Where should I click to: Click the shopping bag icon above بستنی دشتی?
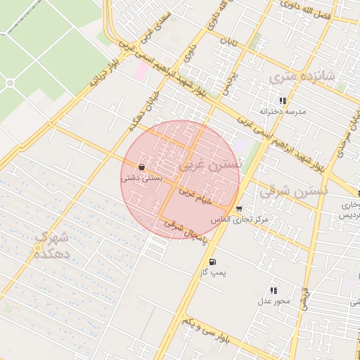coord(143,168)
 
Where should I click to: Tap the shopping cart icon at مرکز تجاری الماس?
coord(239,209)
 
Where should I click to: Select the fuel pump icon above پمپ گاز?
coord(212,262)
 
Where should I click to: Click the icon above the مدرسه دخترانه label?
coord(283,101)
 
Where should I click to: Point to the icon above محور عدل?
coord(274,290)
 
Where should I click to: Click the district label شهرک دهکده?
coord(54,244)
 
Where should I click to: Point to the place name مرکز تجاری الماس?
coord(240,220)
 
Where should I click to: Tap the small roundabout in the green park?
coord(10,83)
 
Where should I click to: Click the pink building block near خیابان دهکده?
coord(143,70)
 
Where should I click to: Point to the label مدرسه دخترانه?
coord(283,112)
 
